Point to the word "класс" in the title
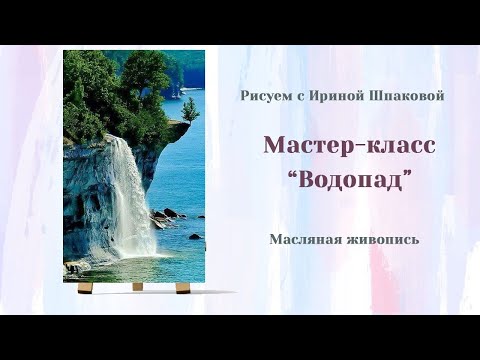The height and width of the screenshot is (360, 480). coord(399,145)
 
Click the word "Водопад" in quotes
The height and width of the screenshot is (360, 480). coord(349,182)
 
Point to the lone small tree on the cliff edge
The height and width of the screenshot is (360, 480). coord(190,107)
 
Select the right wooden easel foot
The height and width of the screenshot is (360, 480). coord(183,288)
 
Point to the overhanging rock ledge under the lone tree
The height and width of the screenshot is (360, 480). coord(178,128)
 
